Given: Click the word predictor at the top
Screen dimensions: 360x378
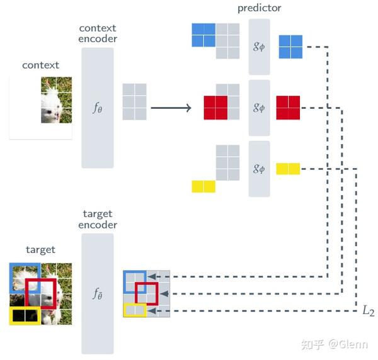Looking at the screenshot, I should click(260, 8).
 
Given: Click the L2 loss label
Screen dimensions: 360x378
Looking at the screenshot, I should click(368, 310).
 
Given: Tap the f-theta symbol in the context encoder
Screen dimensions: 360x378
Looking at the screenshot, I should click(97, 108).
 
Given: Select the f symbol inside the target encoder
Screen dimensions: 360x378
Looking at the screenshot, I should click(97, 293).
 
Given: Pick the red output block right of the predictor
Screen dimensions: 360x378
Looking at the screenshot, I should click(288, 107).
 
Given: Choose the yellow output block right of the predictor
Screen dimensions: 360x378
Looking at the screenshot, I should click(288, 169).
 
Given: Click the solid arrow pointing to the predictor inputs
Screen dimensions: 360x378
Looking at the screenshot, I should click(170, 108).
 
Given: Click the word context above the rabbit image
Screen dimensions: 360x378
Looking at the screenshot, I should click(40, 65).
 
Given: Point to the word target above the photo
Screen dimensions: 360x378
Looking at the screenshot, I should click(40, 250).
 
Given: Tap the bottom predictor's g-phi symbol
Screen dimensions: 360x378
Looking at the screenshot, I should click(259, 169).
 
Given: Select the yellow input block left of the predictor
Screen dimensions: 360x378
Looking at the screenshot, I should click(203, 186).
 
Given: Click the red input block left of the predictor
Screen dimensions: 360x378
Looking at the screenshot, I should click(215, 107).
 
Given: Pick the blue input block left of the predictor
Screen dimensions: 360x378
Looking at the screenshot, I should click(203, 35).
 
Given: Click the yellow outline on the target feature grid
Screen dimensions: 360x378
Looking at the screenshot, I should click(135, 310).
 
